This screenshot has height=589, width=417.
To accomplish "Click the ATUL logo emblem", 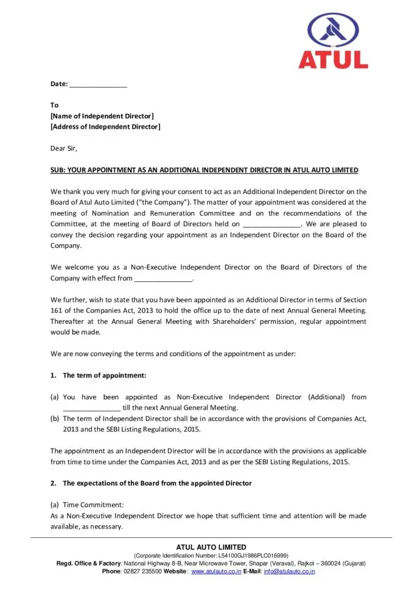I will (333, 31).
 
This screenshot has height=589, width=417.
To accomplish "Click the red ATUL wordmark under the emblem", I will (333, 59).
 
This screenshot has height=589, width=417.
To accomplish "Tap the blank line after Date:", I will (98, 85).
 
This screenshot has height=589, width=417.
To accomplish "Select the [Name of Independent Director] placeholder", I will (102, 116).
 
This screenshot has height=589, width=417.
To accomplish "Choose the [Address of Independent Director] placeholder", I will (105, 127).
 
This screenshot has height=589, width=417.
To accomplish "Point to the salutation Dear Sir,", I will (63, 148).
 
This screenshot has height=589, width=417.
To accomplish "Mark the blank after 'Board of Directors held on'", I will (272, 224).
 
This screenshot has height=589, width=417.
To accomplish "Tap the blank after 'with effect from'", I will (163, 278).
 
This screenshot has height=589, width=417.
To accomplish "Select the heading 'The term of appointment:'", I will (104, 376).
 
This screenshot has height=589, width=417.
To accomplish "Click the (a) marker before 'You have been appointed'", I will (55, 397).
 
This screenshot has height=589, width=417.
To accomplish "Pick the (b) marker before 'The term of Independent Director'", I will (55, 419).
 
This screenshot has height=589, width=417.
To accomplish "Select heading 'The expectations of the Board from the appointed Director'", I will (157, 483).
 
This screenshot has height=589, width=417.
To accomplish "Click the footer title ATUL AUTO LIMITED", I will (211, 547).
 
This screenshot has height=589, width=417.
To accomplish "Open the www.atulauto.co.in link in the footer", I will (217, 571).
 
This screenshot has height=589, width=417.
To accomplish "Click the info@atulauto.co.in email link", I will (289, 571).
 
